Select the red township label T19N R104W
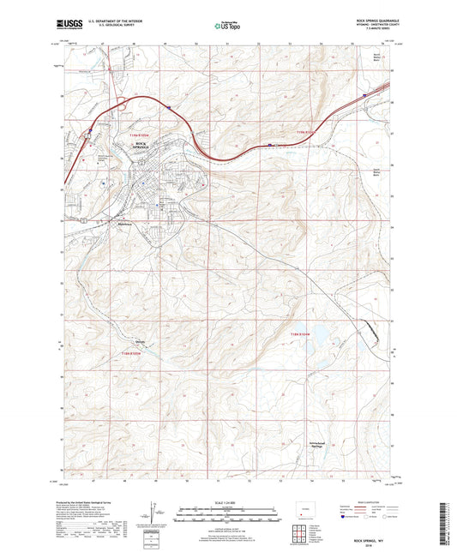(306, 132)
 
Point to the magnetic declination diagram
(153, 517)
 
